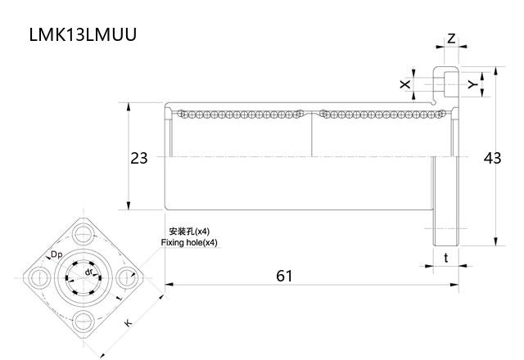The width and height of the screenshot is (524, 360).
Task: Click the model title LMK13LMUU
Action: tap(83, 35)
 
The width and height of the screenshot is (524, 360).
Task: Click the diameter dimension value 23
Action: tap(139, 158)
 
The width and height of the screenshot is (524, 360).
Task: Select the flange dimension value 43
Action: tap(491, 158)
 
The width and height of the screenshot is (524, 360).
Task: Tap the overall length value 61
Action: tap(283, 276)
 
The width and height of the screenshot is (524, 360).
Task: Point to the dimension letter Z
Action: tap(452, 38)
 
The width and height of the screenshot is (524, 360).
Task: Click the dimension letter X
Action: tap(404, 83)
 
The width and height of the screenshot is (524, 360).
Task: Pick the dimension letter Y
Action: tap(471, 83)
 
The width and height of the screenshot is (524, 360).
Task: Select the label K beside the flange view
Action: tap(129, 324)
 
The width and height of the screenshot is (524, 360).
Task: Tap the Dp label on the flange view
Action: tap(56, 256)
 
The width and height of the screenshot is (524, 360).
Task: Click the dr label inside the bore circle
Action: tap(88, 271)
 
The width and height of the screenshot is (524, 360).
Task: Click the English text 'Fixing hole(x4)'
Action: tap(190, 243)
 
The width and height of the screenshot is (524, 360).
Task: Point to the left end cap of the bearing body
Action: tap(168, 156)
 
